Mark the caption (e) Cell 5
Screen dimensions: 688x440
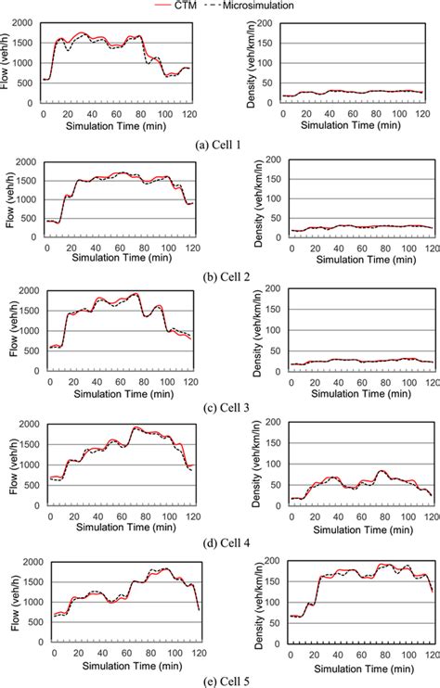coord(219,680)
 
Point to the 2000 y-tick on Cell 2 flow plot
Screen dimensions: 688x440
coord(28,160)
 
